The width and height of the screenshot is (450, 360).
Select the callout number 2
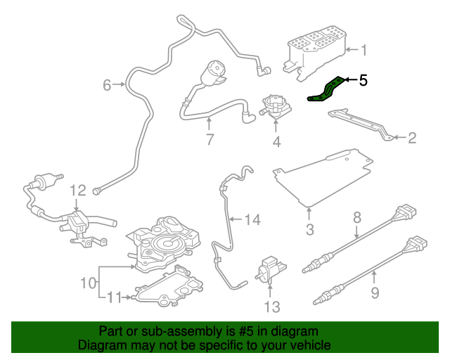click(412, 138)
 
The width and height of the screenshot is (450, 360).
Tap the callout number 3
click(309, 230)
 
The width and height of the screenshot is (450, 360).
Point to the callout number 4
click(276, 142)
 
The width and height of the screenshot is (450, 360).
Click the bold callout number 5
click(363, 80)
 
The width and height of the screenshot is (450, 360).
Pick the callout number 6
click(107, 85)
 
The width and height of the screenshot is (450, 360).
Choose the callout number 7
click(209, 139)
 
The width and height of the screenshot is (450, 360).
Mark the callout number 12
click(77, 190)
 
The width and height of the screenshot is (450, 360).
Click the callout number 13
click(271, 307)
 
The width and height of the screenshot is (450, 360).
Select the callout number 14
click(252, 220)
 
